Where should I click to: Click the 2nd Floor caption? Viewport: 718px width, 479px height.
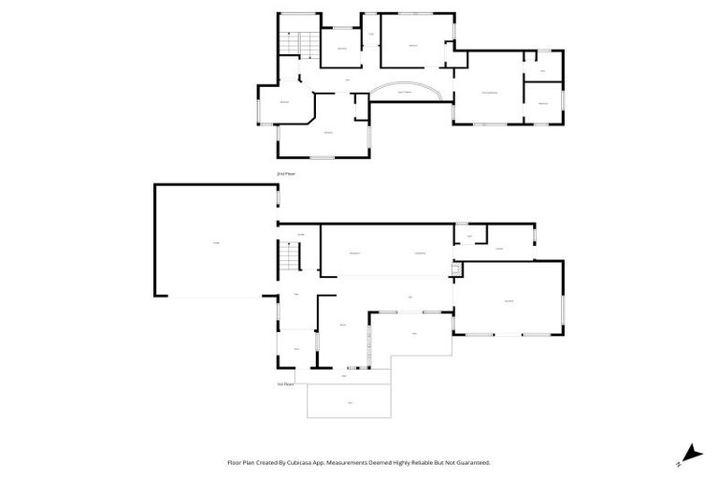point(285,174)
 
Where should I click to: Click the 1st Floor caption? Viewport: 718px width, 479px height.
point(285,384)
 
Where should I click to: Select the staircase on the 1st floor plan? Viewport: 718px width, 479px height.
point(291,254)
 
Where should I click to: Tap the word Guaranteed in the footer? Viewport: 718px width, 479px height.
point(470,462)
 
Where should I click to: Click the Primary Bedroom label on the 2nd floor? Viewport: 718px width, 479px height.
point(489,93)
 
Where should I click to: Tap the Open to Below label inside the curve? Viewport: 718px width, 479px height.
point(405,92)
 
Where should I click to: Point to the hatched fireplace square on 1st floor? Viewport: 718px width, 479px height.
point(456,270)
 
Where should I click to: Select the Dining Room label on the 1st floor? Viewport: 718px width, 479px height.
point(420,253)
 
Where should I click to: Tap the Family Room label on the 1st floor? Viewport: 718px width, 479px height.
point(508,299)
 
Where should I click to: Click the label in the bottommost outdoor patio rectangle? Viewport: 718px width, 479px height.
point(350,402)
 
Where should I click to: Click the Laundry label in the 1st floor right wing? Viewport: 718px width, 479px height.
point(499,248)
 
